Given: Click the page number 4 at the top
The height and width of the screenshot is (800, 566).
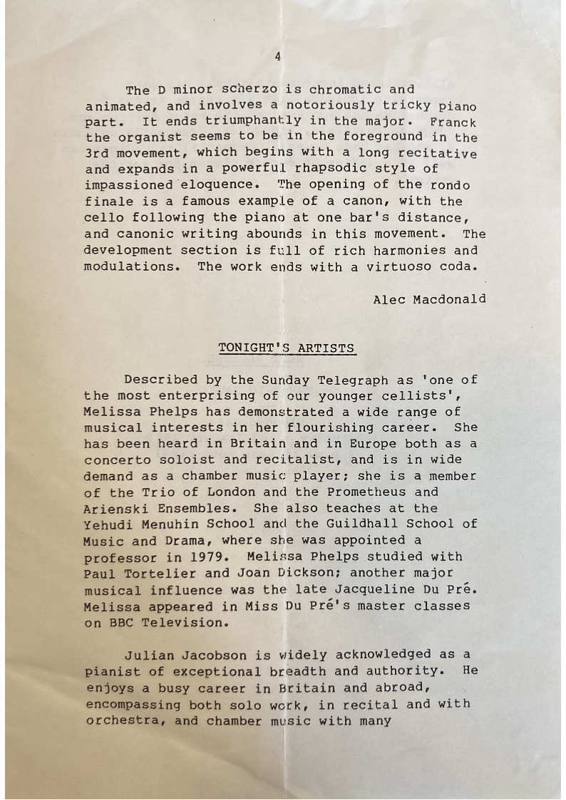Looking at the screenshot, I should [x=278, y=57].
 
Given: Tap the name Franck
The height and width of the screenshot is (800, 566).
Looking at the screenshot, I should [x=453, y=122].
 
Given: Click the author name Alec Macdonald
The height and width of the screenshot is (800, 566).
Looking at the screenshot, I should [x=429, y=299].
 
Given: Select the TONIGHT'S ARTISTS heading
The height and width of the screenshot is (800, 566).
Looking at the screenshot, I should [x=287, y=348].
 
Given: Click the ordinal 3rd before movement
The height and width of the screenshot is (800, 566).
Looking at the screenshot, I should [x=97, y=153].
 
